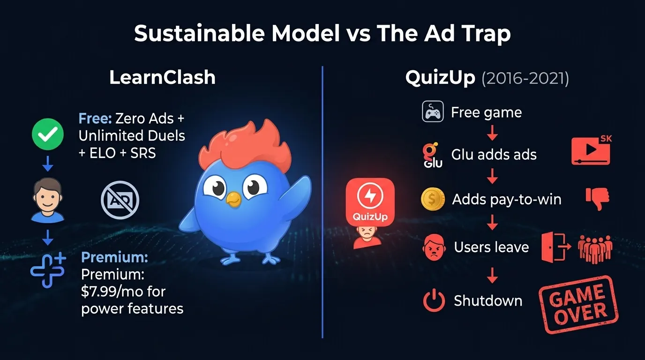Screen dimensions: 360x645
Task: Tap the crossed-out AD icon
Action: [120, 201]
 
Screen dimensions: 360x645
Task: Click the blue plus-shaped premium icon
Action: [47, 269]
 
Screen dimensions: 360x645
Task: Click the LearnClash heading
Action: [162, 78]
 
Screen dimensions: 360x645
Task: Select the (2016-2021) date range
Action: [525, 79]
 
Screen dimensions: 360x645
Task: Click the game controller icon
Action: [433, 112]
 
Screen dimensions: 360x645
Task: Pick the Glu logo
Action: [432, 155]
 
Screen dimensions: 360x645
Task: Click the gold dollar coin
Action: [433, 199]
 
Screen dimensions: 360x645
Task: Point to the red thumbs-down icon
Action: [598, 199]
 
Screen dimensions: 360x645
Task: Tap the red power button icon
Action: [434, 300]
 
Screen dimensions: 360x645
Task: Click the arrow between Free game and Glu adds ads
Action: [492, 134]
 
